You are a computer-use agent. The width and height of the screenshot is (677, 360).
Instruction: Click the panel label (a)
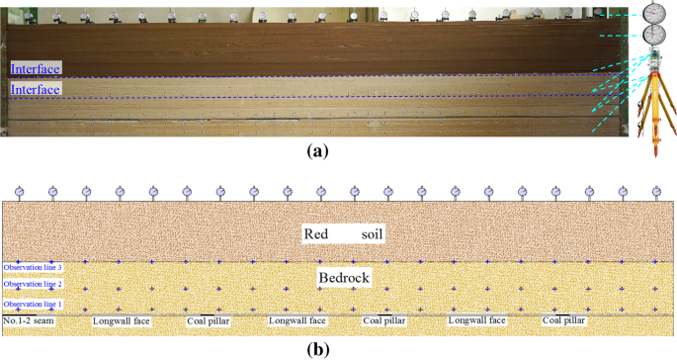317,151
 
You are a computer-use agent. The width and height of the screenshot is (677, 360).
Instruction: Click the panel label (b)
317,348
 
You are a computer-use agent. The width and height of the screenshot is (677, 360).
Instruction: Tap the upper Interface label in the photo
36,68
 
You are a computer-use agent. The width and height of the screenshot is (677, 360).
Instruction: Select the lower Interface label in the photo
36,89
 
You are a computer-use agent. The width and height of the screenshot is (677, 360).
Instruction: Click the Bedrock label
343,278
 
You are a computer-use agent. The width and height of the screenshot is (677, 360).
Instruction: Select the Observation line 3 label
33,267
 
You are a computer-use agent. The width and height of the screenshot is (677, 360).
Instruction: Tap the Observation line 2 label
33,284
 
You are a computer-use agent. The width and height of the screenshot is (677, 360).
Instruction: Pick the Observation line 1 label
33,305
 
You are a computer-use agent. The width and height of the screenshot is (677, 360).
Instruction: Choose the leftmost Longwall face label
121,321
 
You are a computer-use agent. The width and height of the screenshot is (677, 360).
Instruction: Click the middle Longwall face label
297,321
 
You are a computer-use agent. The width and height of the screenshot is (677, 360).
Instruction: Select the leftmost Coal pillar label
210,321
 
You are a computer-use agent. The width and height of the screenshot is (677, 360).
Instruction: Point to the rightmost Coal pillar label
563,321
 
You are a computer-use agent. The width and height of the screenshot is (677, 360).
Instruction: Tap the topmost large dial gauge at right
653,12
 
